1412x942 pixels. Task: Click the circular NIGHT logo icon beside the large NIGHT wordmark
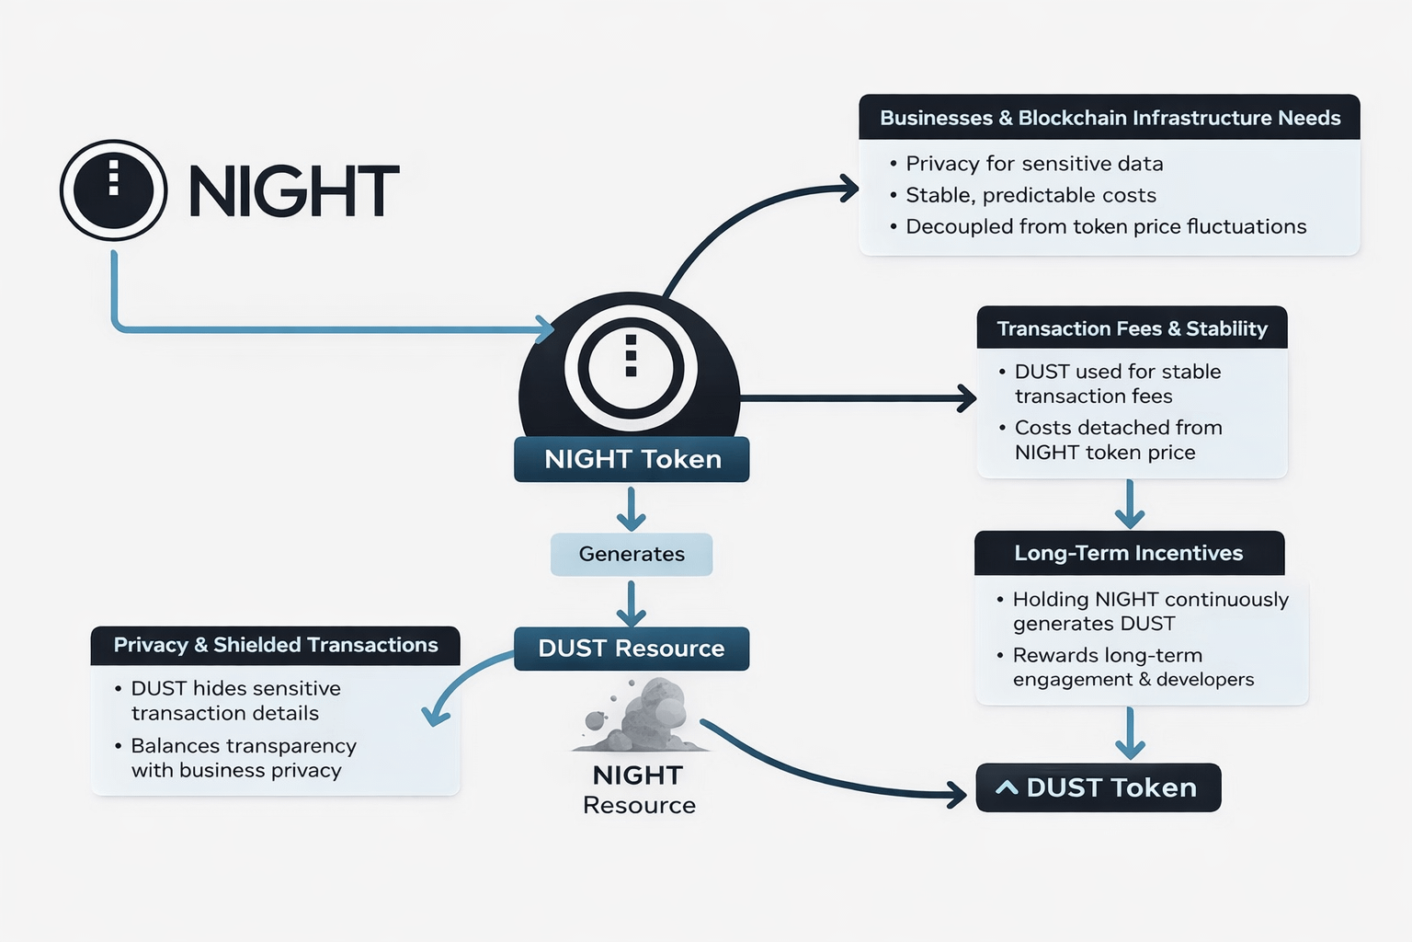(113, 190)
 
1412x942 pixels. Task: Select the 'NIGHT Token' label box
(632, 459)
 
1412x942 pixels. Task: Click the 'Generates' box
(632, 554)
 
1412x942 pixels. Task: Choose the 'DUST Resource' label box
(632, 649)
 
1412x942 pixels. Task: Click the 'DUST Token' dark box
(1099, 787)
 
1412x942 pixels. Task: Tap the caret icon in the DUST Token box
(1007, 787)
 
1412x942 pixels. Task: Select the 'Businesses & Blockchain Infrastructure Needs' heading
(1110, 118)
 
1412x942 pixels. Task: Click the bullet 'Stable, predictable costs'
(1031, 195)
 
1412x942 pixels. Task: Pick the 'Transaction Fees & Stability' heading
(1132, 328)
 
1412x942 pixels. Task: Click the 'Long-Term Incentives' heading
(1128, 553)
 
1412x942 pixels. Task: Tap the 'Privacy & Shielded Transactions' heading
(276, 645)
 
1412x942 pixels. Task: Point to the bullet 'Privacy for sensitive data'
(1034, 164)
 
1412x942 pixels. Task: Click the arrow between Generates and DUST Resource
(631, 603)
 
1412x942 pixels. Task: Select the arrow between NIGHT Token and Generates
(631, 508)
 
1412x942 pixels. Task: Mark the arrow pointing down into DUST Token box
(1130, 733)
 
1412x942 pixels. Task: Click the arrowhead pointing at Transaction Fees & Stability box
(964, 398)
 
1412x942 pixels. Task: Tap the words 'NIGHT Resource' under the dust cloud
(639, 790)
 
